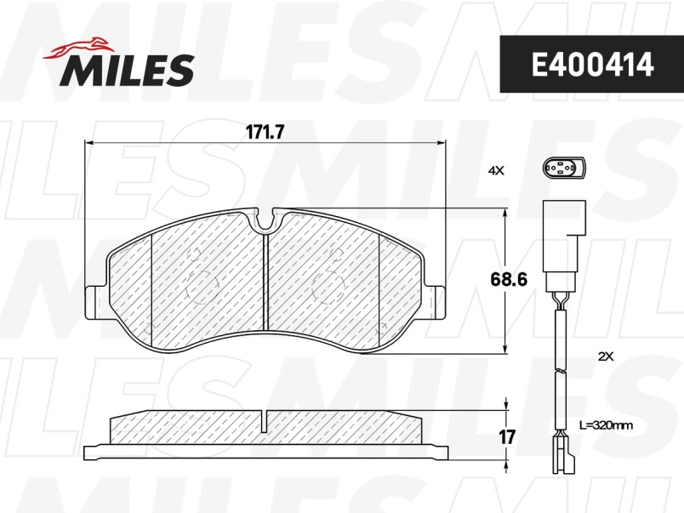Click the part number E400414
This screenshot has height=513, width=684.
click(592, 65)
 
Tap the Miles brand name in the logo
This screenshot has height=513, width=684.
click(127, 70)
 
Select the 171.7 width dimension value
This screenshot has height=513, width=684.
click(265, 132)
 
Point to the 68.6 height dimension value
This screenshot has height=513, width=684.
click(509, 279)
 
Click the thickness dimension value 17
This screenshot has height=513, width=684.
click(507, 436)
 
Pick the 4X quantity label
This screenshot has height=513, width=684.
click(495, 171)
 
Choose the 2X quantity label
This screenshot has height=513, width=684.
click(606, 356)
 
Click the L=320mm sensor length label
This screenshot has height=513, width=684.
click(607, 425)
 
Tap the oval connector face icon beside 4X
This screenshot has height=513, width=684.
click(563, 168)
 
